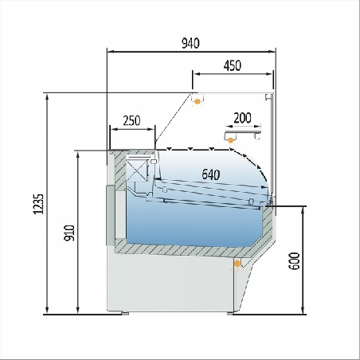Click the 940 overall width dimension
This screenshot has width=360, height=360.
coord(190,43)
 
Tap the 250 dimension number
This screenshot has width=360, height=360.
coord(131,121)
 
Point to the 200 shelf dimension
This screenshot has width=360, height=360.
coord(242,118)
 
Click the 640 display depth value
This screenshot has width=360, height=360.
coord(210,174)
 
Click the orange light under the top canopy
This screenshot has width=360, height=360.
coord(197,101)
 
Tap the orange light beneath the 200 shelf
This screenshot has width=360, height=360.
coord(231,140)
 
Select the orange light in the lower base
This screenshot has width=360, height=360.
coord(237,263)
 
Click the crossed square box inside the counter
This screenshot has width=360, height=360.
coord(139,169)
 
